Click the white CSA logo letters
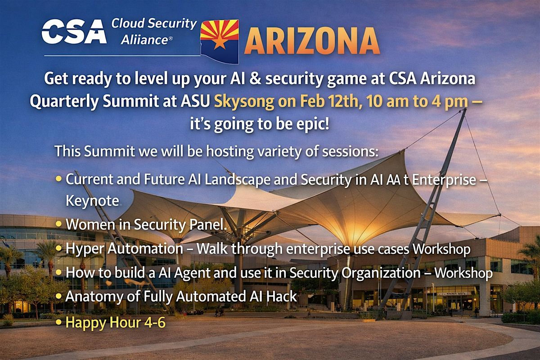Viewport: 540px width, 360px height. click(x=74, y=31)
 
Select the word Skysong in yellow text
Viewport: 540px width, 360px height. click(x=244, y=101)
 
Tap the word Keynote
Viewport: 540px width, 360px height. click(x=92, y=200)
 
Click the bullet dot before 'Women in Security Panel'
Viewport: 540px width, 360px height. click(x=58, y=224)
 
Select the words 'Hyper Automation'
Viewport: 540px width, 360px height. click(x=124, y=249)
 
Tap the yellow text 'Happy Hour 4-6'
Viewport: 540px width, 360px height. click(x=116, y=322)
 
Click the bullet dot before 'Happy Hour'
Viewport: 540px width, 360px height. click(x=58, y=322)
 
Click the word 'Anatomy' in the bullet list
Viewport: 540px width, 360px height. click(x=94, y=297)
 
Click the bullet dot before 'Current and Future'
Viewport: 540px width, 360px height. click(x=58, y=180)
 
